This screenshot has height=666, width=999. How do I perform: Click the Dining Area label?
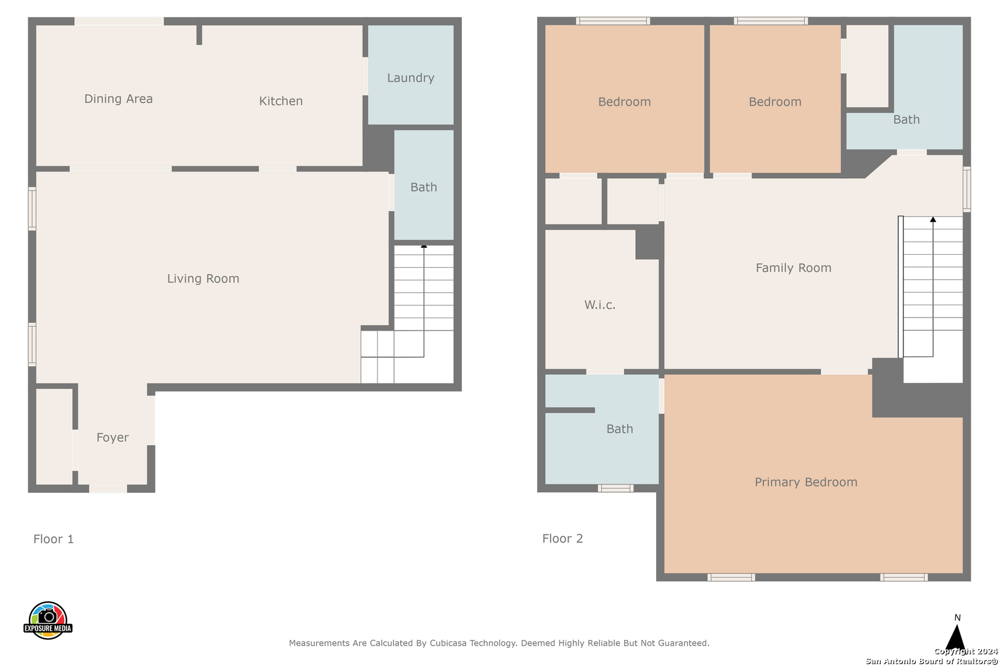pyautogui.click(x=118, y=99)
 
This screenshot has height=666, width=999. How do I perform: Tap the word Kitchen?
pyautogui.click(x=281, y=101)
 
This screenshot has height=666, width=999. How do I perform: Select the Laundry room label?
pyautogui.click(x=411, y=78)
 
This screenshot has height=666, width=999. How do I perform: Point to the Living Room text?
pyautogui.click(x=203, y=278)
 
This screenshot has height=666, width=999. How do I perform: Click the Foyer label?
pyautogui.click(x=112, y=438)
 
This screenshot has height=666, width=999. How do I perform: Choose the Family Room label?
pyautogui.click(x=794, y=268)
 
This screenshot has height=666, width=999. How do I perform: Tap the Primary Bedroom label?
pyautogui.click(x=806, y=482)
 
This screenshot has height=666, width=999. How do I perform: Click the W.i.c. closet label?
pyautogui.click(x=600, y=305)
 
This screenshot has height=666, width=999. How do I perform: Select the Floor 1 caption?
pyautogui.click(x=54, y=539)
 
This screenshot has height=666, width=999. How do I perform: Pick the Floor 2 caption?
pyautogui.click(x=562, y=538)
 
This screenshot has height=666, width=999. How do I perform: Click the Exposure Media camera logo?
pyautogui.click(x=47, y=620)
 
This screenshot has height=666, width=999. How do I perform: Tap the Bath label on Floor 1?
pyautogui.click(x=424, y=187)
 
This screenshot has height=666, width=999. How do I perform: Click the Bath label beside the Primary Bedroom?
pyautogui.click(x=620, y=429)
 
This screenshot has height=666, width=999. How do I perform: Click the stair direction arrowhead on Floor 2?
pyautogui.click(x=933, y=219)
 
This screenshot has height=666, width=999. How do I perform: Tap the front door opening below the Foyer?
pyautogui.click(x=108, y=488)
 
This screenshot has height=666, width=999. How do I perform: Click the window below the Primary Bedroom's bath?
pyautogui.click(x=615, y=488)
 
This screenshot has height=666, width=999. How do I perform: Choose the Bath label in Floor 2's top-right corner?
pyautogui.click(x=906, y=120)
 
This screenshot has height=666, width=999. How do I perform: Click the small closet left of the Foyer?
pyautogui.click(x=54, y=436)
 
